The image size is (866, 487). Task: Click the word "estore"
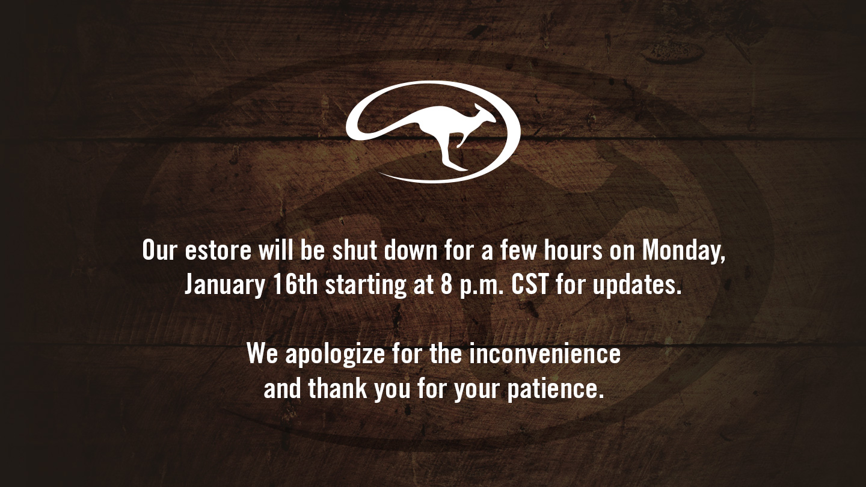218,250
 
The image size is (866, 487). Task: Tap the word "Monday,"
684,251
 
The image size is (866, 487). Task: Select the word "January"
225,285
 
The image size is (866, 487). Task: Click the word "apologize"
335,355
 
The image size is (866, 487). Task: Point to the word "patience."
555,390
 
